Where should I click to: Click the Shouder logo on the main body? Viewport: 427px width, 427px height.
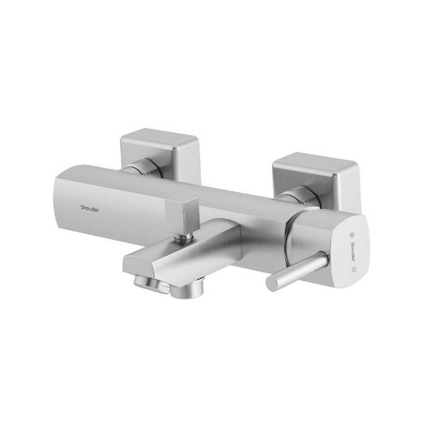pos(89,209)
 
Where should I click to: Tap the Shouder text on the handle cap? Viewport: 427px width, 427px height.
pos(353,252)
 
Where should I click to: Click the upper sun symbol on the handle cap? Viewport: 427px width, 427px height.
pos(353,235)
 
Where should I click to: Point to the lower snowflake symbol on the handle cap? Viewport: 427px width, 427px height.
pos(354,269)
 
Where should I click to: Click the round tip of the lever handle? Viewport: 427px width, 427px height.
pos(273,283)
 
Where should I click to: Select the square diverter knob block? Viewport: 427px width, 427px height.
pos(183,215)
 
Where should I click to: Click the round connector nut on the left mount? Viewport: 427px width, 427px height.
pos(146,167)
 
